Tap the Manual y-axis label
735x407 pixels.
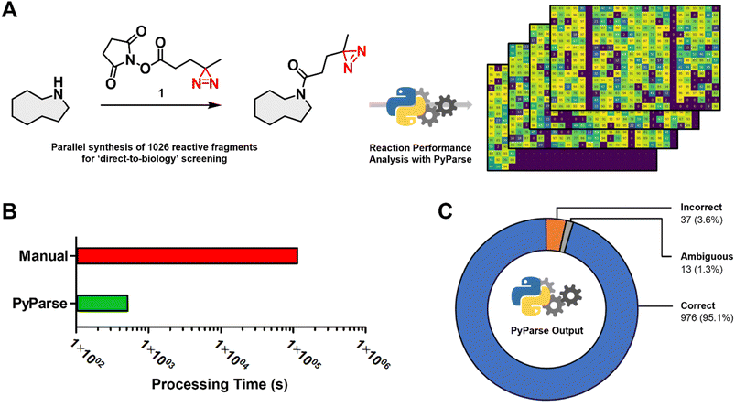coord(47,255)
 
